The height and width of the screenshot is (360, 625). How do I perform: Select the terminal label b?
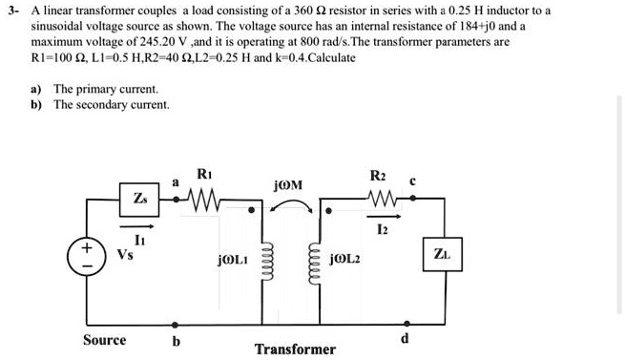[175, 341]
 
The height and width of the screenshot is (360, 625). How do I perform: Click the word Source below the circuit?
[104, 340]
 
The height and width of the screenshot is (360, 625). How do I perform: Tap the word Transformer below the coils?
[295, 349]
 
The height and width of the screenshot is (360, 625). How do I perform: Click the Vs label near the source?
[124, 255]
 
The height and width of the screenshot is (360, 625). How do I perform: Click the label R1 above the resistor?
[203, 173]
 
